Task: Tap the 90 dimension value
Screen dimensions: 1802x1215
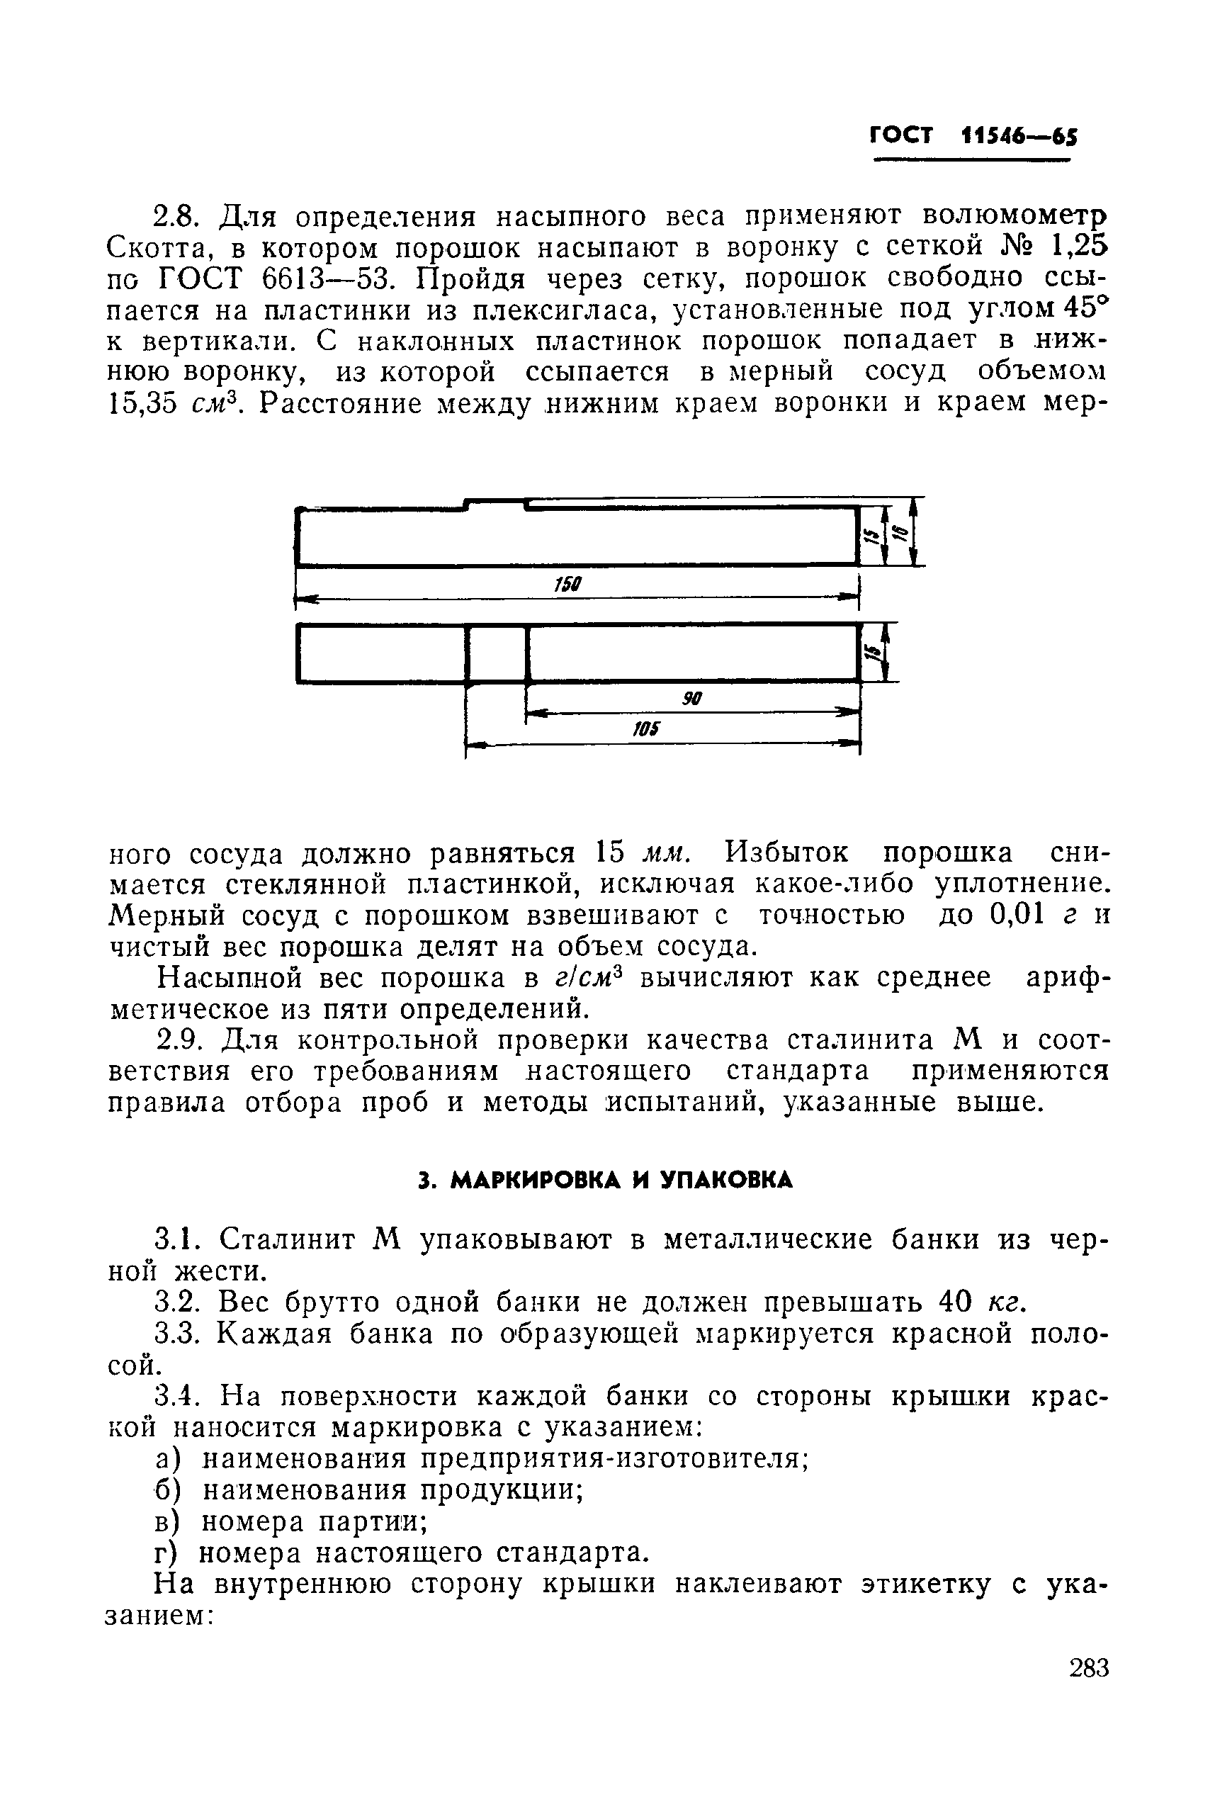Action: pos(691,699)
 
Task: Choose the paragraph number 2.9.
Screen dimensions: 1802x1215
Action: pos(179,1040)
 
